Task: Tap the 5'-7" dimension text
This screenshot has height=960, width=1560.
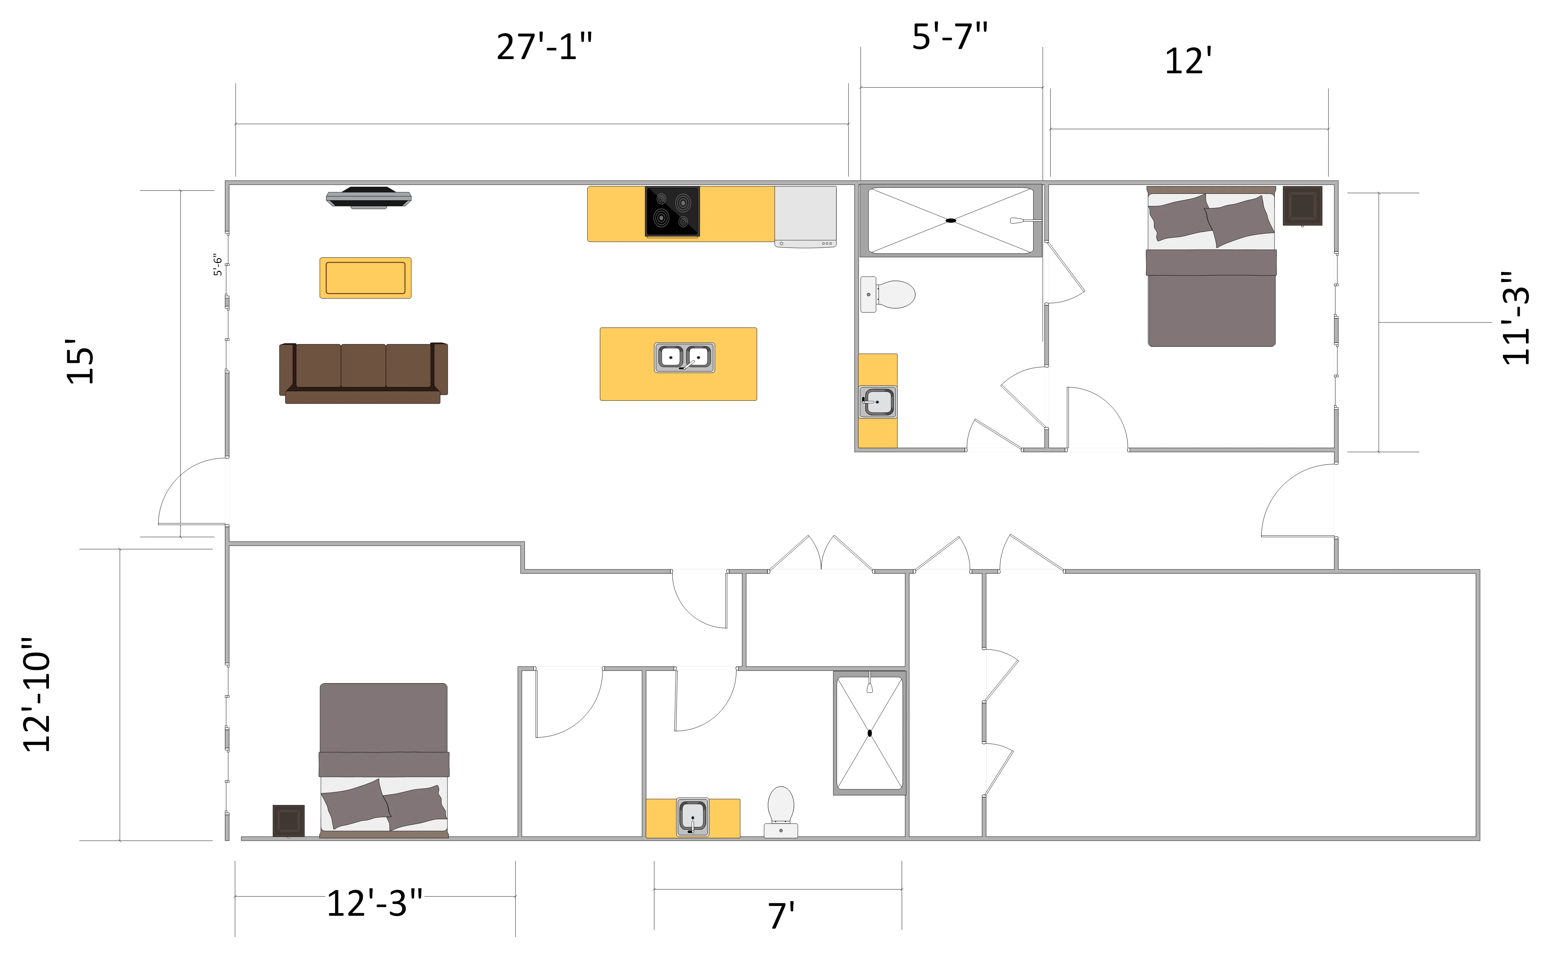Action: (x=950, y=36)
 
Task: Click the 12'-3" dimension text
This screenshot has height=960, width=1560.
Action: (x=374, y=904)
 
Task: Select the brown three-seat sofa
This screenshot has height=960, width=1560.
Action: (x=364, y=373)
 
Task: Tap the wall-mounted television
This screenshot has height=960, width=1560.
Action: (x=369, y=198)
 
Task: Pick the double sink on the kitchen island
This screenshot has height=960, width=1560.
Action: (x=685, y=358)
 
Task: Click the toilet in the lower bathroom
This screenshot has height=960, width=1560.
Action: (x=781, y=812)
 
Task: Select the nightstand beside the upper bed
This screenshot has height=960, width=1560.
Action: (x=1302, y=206)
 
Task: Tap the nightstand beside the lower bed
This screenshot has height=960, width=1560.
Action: (x=289, y=821)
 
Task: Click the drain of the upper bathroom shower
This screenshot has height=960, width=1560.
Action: (x=951, y=220)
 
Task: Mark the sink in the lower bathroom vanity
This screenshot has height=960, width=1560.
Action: (x=693, y=817)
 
